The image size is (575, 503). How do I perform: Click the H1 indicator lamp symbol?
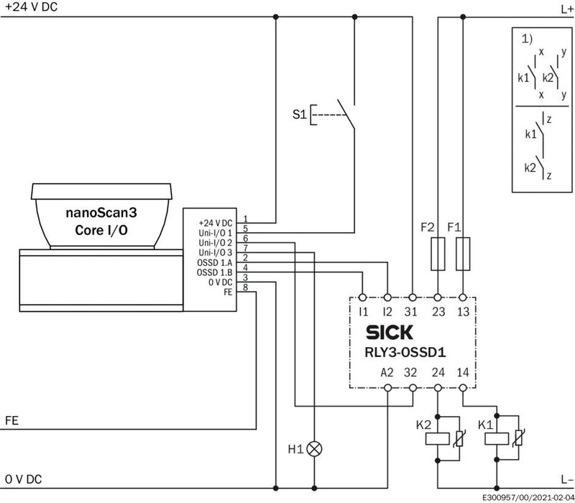(x=314, y=448)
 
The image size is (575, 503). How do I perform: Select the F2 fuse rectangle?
(x=438, y=254)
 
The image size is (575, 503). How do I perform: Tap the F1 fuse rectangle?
(x=463, y=254)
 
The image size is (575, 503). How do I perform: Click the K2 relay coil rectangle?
(x=438, y=439)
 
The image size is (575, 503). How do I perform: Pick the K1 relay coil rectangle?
(x=497, y=439)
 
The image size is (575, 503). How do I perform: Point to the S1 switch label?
(x=299, y=115)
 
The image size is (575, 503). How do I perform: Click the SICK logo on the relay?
(x=389, y=332)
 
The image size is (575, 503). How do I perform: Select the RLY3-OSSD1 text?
(x=405, y=352)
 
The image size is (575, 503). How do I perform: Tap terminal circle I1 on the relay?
(x=363, y=297)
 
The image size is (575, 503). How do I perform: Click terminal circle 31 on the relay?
(x=413, y=297)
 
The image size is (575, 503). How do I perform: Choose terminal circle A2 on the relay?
(x=387, y=388)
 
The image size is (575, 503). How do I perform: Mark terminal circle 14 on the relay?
(x=463, y=388)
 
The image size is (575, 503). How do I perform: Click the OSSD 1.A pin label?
(x=214, y=263)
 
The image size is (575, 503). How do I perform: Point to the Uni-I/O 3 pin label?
(x=215, y=253)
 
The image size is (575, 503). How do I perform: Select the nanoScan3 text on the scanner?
(x=101, y=213)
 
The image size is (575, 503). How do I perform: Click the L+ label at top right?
(x=566, y=9)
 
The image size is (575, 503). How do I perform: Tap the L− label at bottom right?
(x=566, y=479)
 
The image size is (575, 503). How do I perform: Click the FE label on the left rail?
(x=11, y=420)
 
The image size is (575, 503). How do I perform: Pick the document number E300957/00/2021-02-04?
(x=528, y=498)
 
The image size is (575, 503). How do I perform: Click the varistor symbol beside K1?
(x=518, y=438)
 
